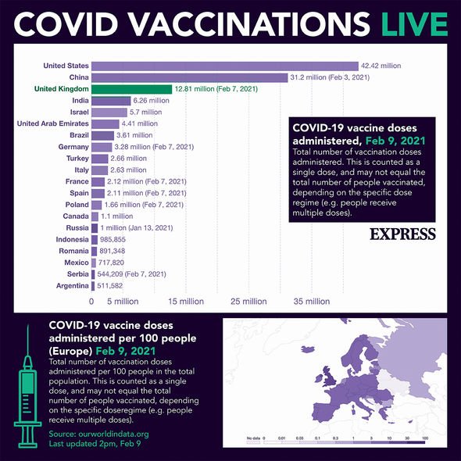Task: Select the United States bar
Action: (225, 66)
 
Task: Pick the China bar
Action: (190, 77)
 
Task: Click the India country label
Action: (80, 101)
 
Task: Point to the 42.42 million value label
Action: (381, 66)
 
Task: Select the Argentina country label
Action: (73, 286)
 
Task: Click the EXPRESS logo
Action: (402, 234)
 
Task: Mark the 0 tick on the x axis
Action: (91, 301)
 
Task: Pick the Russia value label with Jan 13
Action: (137, 227)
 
